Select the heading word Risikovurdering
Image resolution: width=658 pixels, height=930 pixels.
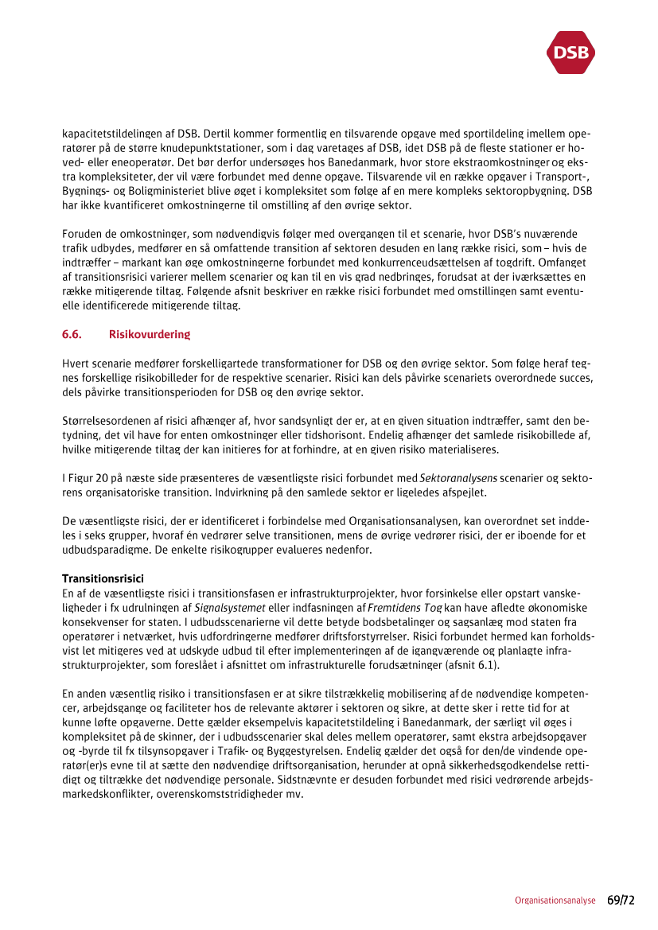(x=150, y=334)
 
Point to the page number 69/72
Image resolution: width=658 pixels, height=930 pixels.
(x=621, y=901)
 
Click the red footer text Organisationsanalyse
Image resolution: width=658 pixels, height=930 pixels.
(x=555, y=901)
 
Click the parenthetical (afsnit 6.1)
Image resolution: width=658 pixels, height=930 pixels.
(x=469, y=665)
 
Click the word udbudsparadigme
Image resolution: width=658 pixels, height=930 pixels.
(x=103, y=549)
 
